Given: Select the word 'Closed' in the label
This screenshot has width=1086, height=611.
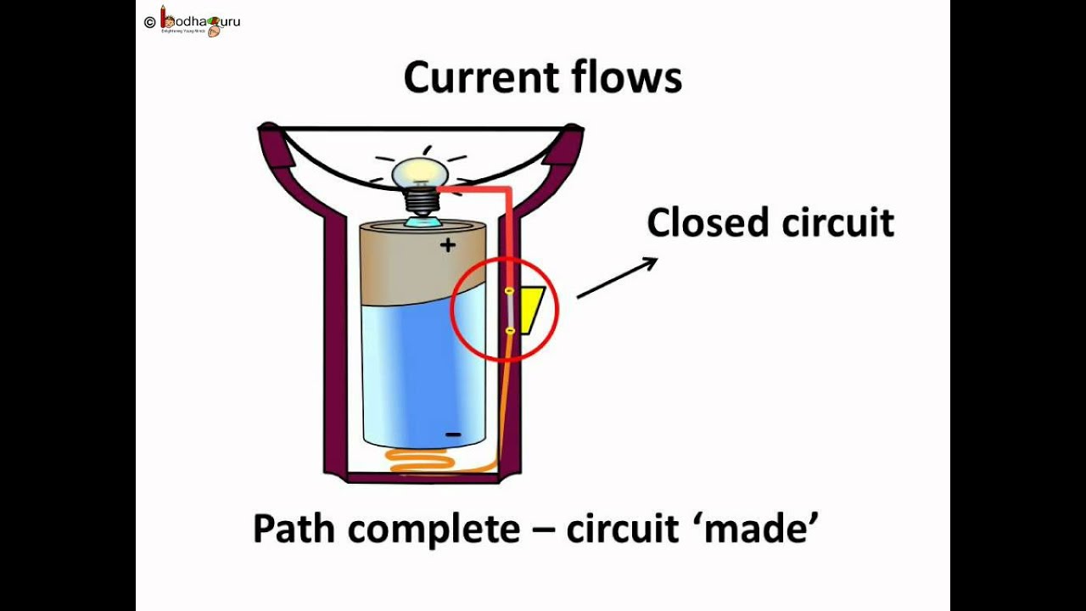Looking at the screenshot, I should point(707,223).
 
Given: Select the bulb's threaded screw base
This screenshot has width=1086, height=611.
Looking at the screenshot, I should point(419,202).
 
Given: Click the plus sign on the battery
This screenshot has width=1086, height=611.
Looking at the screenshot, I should point(447,245).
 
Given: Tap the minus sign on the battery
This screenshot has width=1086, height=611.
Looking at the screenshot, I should point(453,434).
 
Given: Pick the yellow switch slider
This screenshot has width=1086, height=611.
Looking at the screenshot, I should point(531,310).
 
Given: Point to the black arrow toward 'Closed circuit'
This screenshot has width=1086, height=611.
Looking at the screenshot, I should point(617,278).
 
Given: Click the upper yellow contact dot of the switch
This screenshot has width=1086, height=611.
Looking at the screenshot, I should point(509,291).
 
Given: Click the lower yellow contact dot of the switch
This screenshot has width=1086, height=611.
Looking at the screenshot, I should point(509,330).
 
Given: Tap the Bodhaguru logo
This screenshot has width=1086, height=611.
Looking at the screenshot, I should point(200,21).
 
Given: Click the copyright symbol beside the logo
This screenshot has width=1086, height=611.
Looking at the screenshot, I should point(150,22).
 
